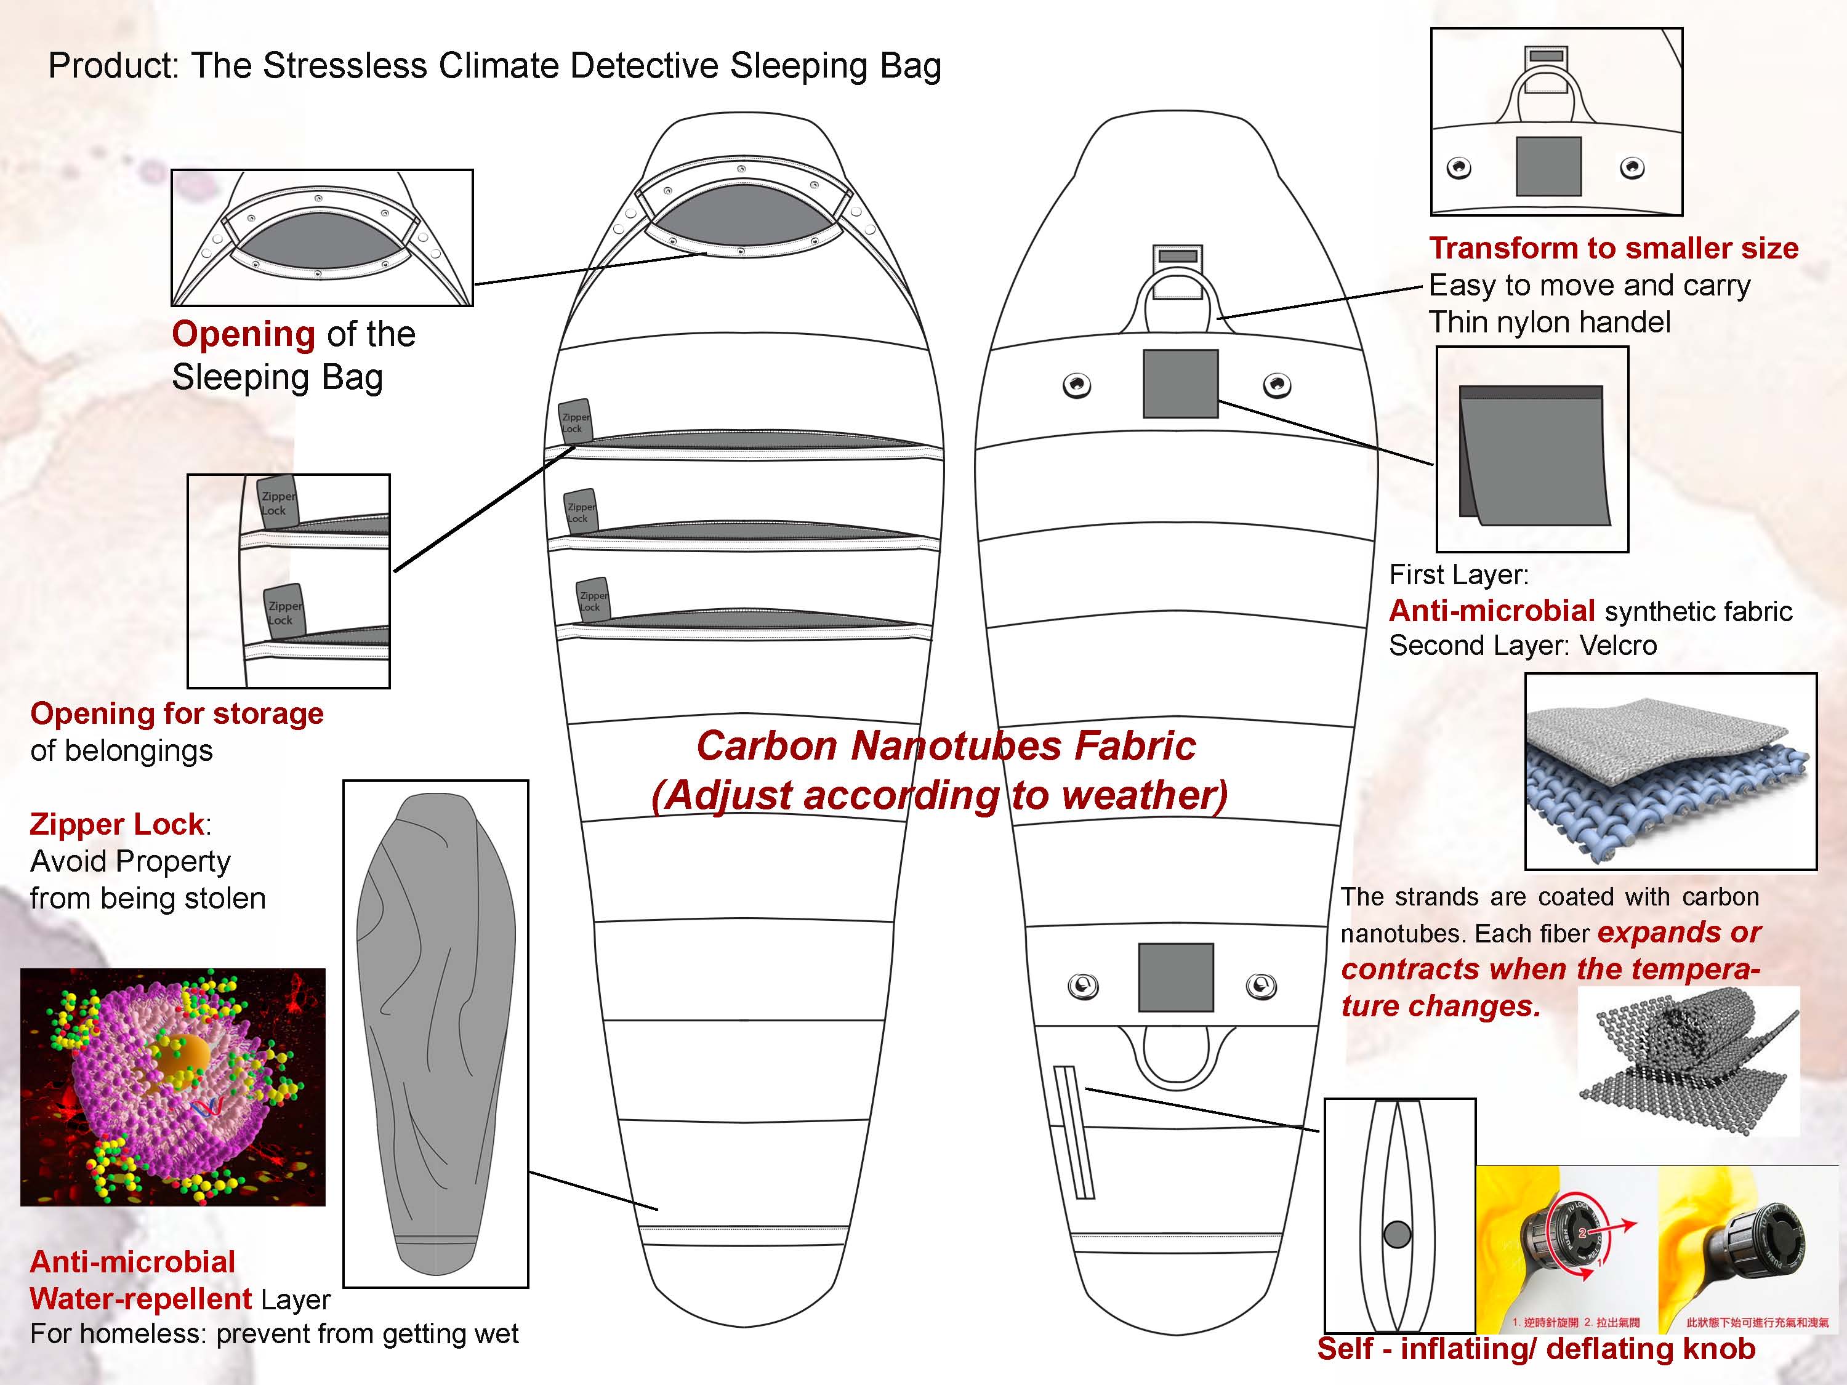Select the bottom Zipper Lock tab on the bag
coord(593,598)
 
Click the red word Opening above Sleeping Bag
coord(243,334)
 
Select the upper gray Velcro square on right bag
coord(1180,383)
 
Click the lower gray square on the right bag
coord(1176,977)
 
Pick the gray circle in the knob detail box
coord(1397,1234)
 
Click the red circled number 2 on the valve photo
coord(1582,1232)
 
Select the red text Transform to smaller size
coord(1613,248)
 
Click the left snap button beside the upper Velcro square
coord(1076,386)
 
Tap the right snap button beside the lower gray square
coord(1260,986)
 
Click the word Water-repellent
coord(140,1298)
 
